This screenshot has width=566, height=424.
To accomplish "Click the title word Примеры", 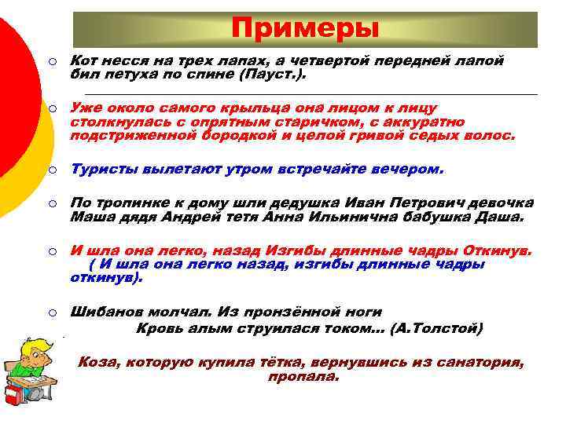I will pyautogui.click(x=305, y=29).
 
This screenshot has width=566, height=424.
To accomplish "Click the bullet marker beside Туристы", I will pyautogui.click(x=49, y=170).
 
